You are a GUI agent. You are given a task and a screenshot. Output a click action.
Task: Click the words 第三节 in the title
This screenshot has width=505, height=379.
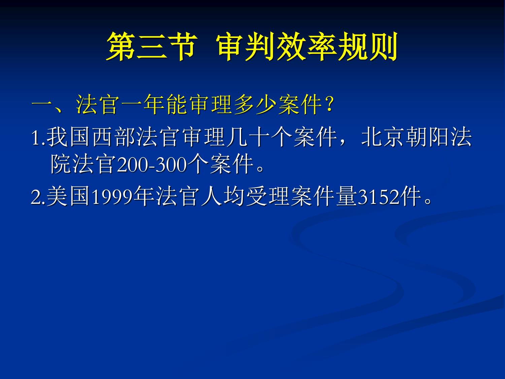pyautogui.click(x=152, y=46)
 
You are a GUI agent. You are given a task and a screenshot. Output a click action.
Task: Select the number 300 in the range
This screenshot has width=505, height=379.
pyautogui.click(x=171, y=165)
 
